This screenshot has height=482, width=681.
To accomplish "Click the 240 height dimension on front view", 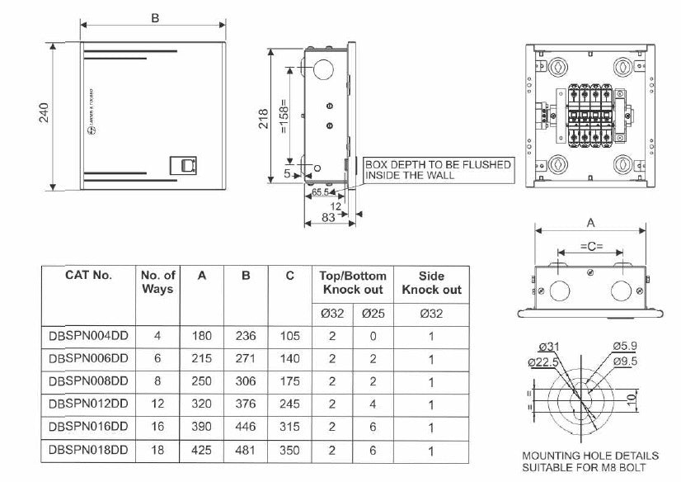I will point(43,113).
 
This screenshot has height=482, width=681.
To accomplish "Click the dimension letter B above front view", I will point(154,18).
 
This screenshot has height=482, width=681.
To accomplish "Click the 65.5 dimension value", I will point(320,192).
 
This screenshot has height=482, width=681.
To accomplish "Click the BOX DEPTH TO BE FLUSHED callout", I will point(438,170).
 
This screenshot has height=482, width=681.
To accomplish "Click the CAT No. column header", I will point(88,275).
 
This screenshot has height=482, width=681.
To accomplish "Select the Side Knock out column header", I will point(431,282).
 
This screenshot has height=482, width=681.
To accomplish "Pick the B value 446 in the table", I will point(246,428).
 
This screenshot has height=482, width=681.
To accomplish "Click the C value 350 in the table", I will point(289,451).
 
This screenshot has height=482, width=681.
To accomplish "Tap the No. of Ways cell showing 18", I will point(158,451).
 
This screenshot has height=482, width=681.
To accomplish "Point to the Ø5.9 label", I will point(624,347).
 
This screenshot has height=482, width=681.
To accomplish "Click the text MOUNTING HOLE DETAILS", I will point(591,455).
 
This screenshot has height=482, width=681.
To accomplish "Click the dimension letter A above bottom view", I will point(590,222).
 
